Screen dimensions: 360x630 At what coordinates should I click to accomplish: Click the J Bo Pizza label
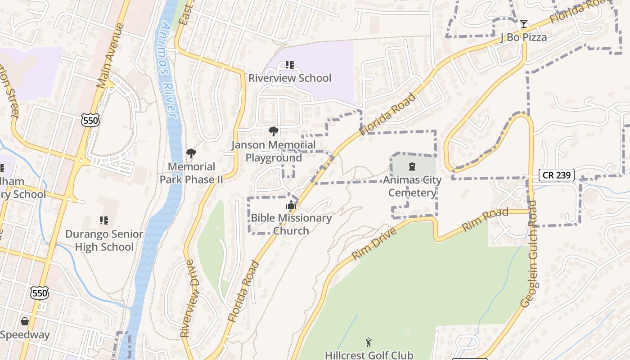point(523,37)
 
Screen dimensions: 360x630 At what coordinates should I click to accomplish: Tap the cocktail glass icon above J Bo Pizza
point(523,23)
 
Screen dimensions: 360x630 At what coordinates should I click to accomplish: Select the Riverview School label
point(290,78)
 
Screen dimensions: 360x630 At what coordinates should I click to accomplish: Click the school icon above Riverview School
point(290,65)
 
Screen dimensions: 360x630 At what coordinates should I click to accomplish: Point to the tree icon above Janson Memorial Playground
point(273,131)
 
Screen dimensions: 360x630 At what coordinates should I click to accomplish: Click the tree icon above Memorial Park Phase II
point(191,153)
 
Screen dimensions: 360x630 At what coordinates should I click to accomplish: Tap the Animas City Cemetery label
point(412,186)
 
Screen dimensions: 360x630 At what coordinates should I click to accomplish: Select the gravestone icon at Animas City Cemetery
point(412,167)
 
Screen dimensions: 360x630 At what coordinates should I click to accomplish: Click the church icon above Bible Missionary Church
point(291,205)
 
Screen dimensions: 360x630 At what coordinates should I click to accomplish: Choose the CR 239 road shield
point(557,175)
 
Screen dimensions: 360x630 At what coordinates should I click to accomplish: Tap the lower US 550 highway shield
point(40,293)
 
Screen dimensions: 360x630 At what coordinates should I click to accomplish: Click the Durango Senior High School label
point(104,240)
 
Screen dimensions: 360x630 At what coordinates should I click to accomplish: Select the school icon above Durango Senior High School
point(104,220)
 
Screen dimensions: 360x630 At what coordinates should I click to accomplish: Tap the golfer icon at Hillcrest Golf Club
point(369,342)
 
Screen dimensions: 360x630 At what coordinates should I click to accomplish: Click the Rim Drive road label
point(374,243)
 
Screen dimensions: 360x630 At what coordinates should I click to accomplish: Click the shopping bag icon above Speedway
point(25,321)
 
